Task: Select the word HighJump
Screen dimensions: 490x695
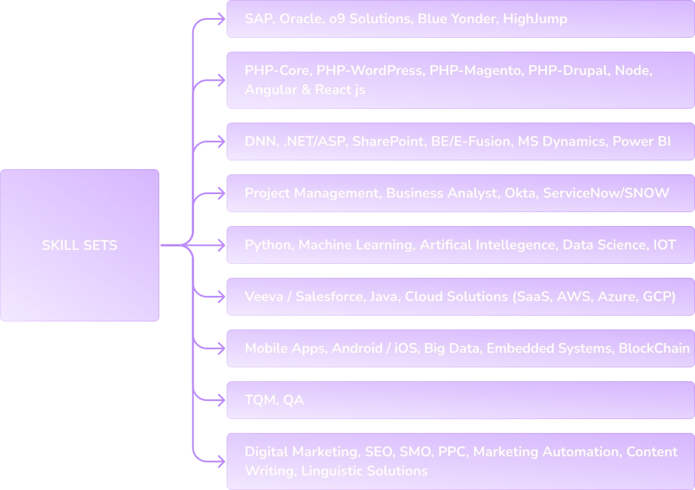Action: tap(535, 19)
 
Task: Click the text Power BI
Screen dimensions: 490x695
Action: tap(642, 141)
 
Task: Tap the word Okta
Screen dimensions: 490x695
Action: tap(520, 193)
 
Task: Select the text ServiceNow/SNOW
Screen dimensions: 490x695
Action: tap(606, 193)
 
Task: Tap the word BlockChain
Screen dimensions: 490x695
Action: tap(654, 348)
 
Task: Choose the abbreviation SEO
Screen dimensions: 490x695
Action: tap(378, 452)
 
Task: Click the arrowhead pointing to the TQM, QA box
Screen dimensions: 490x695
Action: tap(221, 400)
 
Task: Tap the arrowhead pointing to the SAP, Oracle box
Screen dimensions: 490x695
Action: tap(221, 19)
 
